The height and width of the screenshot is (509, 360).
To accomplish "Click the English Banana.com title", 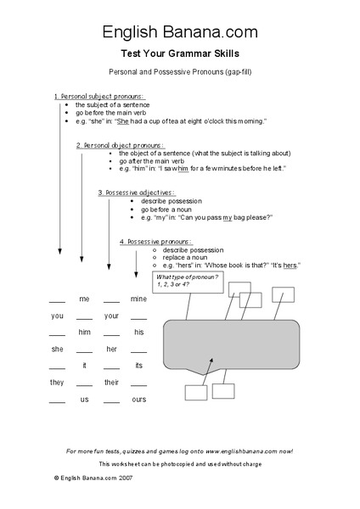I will point(179,32).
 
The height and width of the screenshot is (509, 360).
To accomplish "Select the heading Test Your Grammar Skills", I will point(179,53).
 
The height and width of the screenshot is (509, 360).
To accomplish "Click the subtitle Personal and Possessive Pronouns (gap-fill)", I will point(179,72).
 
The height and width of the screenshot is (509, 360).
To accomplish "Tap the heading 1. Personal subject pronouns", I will point(99,96).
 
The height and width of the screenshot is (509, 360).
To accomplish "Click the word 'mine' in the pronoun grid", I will point(138,299).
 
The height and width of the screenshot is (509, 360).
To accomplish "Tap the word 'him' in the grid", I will point(84,332).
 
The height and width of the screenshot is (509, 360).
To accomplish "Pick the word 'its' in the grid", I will point(138,366).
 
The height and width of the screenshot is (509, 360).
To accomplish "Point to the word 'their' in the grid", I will point(111,383).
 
